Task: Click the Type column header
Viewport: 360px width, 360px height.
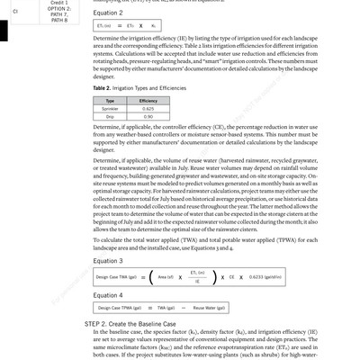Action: (110, 101)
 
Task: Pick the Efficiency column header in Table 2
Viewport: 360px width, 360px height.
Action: (148, 101)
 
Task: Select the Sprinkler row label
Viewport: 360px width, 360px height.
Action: (110, 109)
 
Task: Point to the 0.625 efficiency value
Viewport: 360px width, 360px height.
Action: (148, 109)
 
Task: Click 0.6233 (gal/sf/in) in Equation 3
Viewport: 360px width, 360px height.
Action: (262, 278)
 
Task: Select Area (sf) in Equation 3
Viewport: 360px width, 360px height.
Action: (165, 278)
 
